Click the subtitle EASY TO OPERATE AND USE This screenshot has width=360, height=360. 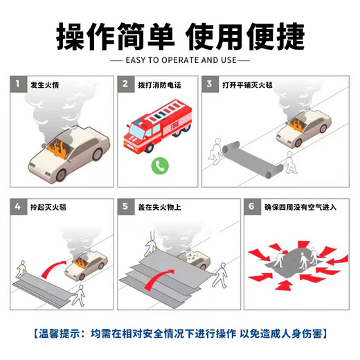(180, 61)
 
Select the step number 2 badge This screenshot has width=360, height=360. (125, 84)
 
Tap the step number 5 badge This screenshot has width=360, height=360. (125, 206)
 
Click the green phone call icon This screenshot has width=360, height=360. (161, 165)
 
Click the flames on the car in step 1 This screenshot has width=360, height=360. (59, 147)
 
